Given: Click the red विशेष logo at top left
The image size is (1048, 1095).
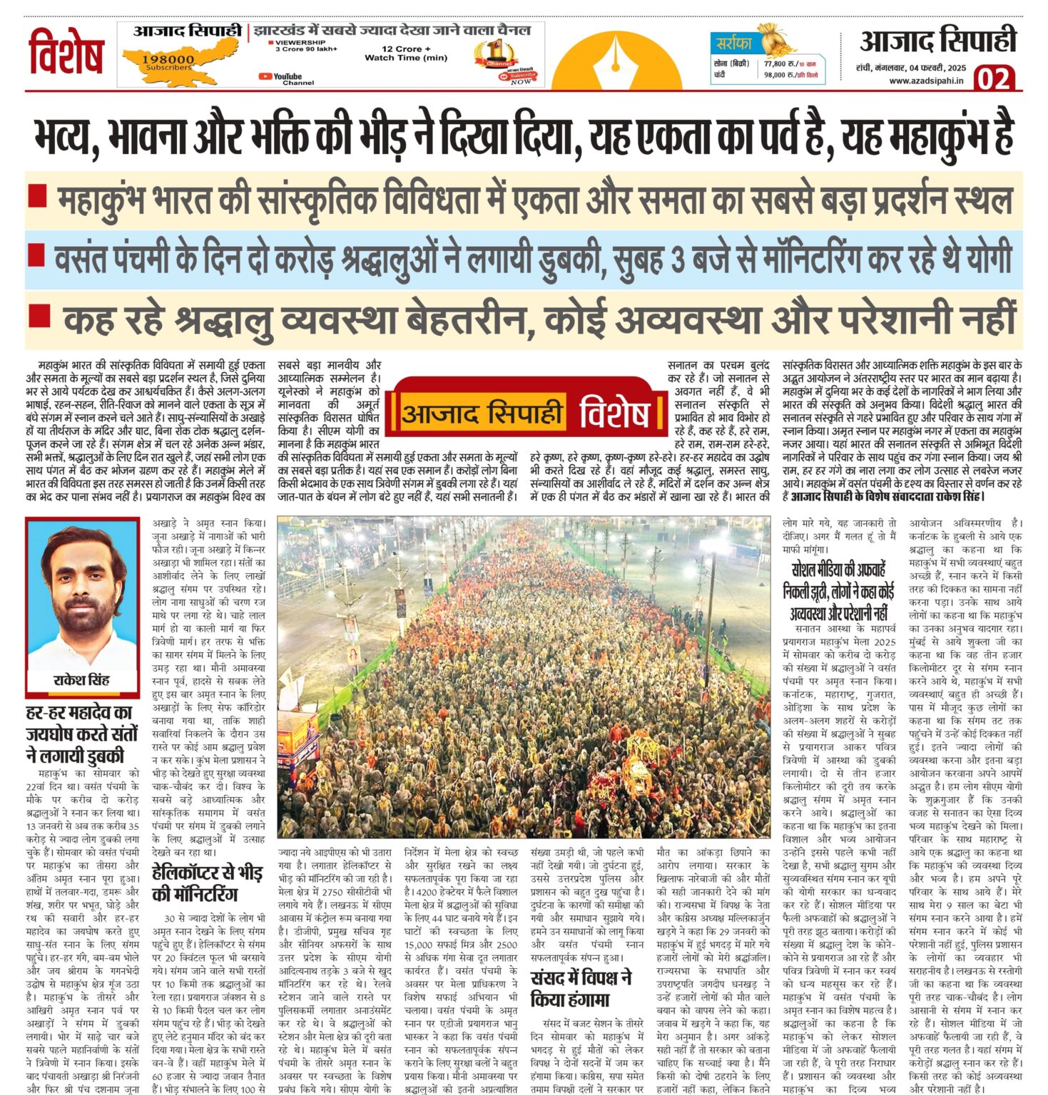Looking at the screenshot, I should tap(66, 51).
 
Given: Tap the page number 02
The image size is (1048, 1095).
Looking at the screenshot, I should tap(994, 77).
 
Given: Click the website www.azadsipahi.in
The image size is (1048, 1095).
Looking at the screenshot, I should tap(926, 81).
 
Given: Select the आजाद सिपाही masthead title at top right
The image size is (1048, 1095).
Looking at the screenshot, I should tap(937, 41).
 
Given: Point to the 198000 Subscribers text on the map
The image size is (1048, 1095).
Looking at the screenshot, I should tap(168, 62).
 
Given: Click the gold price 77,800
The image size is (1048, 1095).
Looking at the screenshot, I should tap(779, 63).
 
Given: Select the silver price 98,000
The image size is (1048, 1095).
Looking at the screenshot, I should tap(779, 74).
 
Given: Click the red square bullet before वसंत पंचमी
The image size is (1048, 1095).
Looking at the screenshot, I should tap(38, 252).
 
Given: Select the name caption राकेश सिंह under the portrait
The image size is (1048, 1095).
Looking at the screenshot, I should tap(81, 680).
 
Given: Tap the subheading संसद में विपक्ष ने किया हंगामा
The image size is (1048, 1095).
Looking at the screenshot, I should tap(581, 988).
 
